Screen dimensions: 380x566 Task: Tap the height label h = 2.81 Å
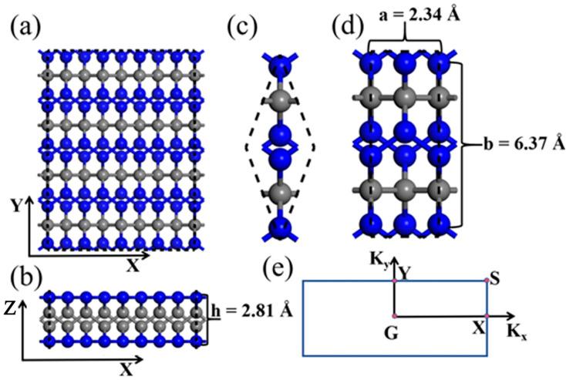tap(248, 311)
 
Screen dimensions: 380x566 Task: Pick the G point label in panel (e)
tap(386, 332)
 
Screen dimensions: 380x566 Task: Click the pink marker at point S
tap(486, 281)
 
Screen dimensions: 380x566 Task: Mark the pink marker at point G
tap(394, 317)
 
